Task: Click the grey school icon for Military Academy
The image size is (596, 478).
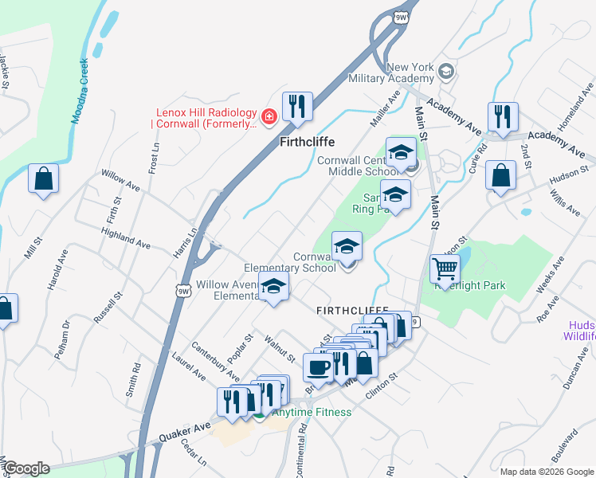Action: [x=446, y=72]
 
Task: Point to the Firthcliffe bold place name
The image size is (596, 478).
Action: [x=307, y=143]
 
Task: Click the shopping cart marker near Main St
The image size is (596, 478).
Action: [x=445, y=269]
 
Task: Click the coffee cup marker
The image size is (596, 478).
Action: [x=319, y=369]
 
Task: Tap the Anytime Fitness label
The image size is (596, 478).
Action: [x=311, y=412]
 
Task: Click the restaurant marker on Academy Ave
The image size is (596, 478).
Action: [x=503, y=117]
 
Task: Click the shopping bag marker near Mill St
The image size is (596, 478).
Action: [x=43, y=179]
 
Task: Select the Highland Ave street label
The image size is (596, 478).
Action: [x=126, y=237]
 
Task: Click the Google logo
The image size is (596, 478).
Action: [x=25, y=468]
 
